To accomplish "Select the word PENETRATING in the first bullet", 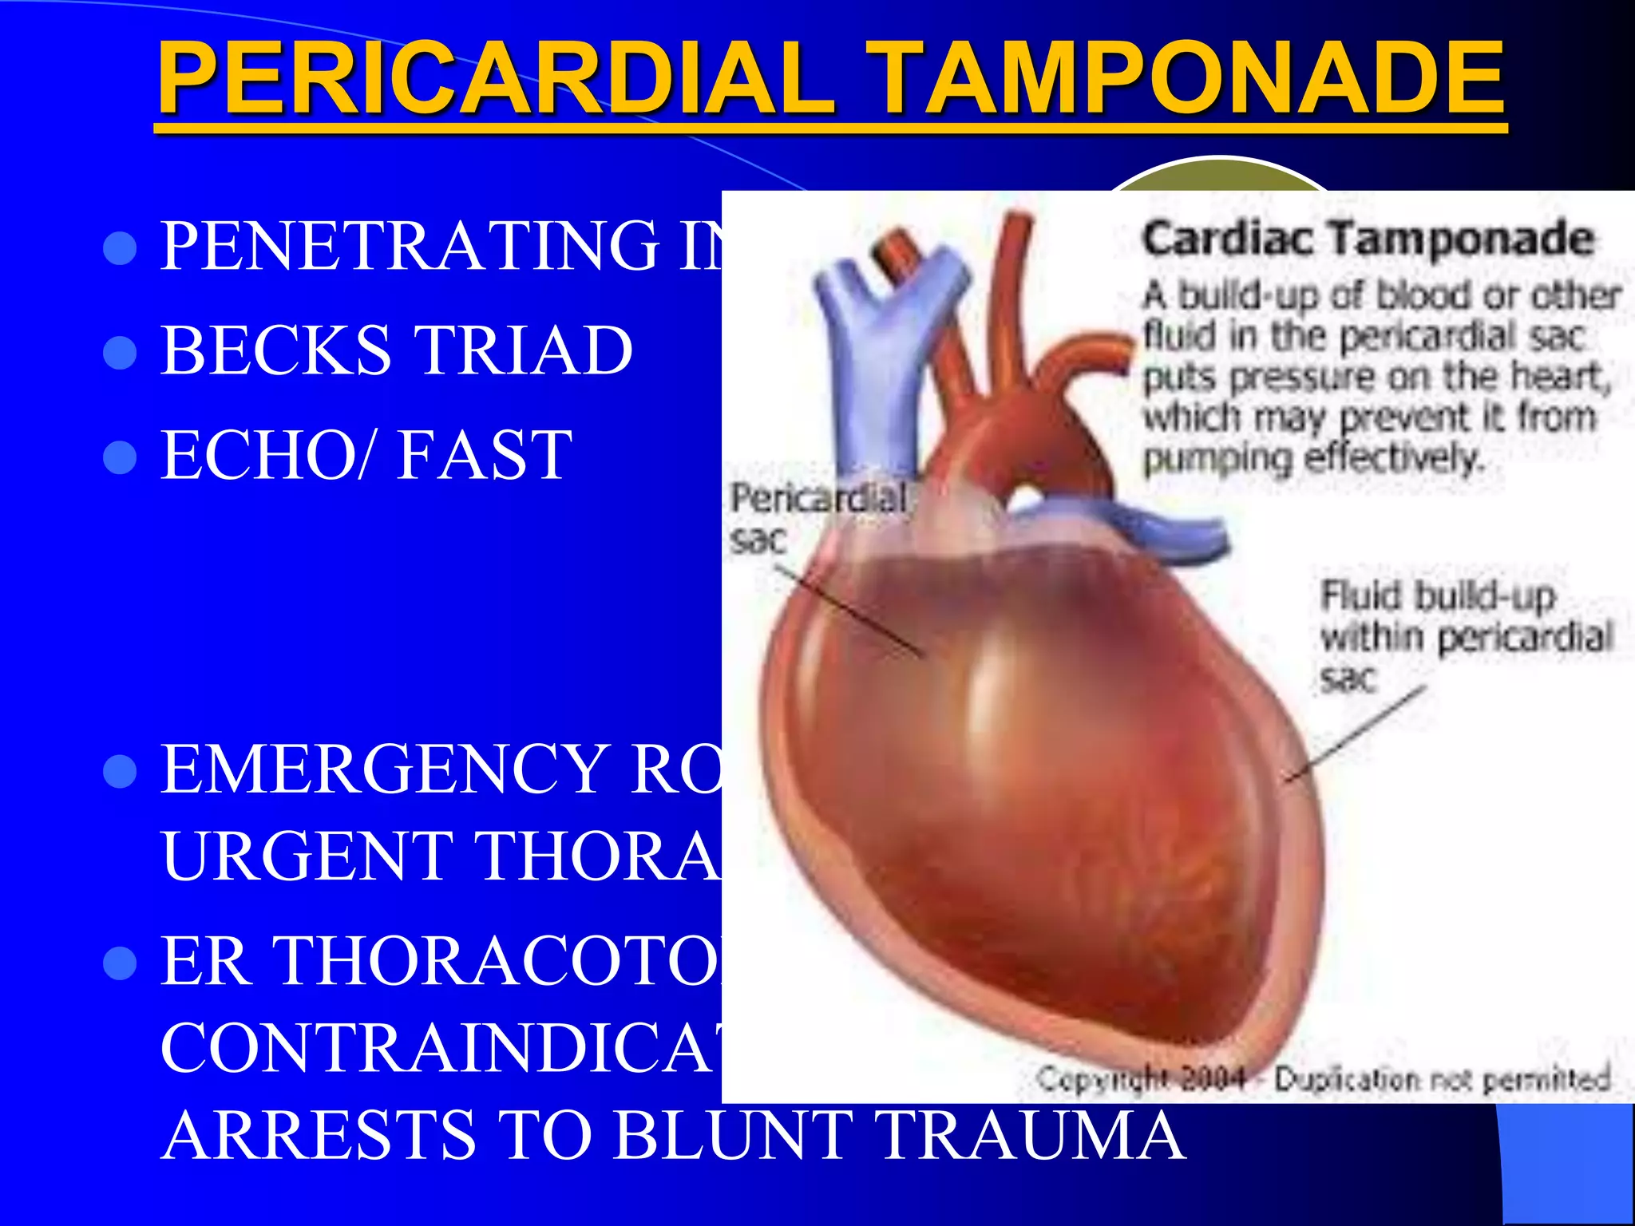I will click(410, 245).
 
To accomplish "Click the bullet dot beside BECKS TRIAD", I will click(121, 352).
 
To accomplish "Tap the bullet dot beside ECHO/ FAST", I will click(121, 457).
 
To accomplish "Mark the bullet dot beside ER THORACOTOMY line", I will click(121, 963).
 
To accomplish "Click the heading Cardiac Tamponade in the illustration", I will click(1368, 239).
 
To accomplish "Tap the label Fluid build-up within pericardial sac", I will click(1465, 637).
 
